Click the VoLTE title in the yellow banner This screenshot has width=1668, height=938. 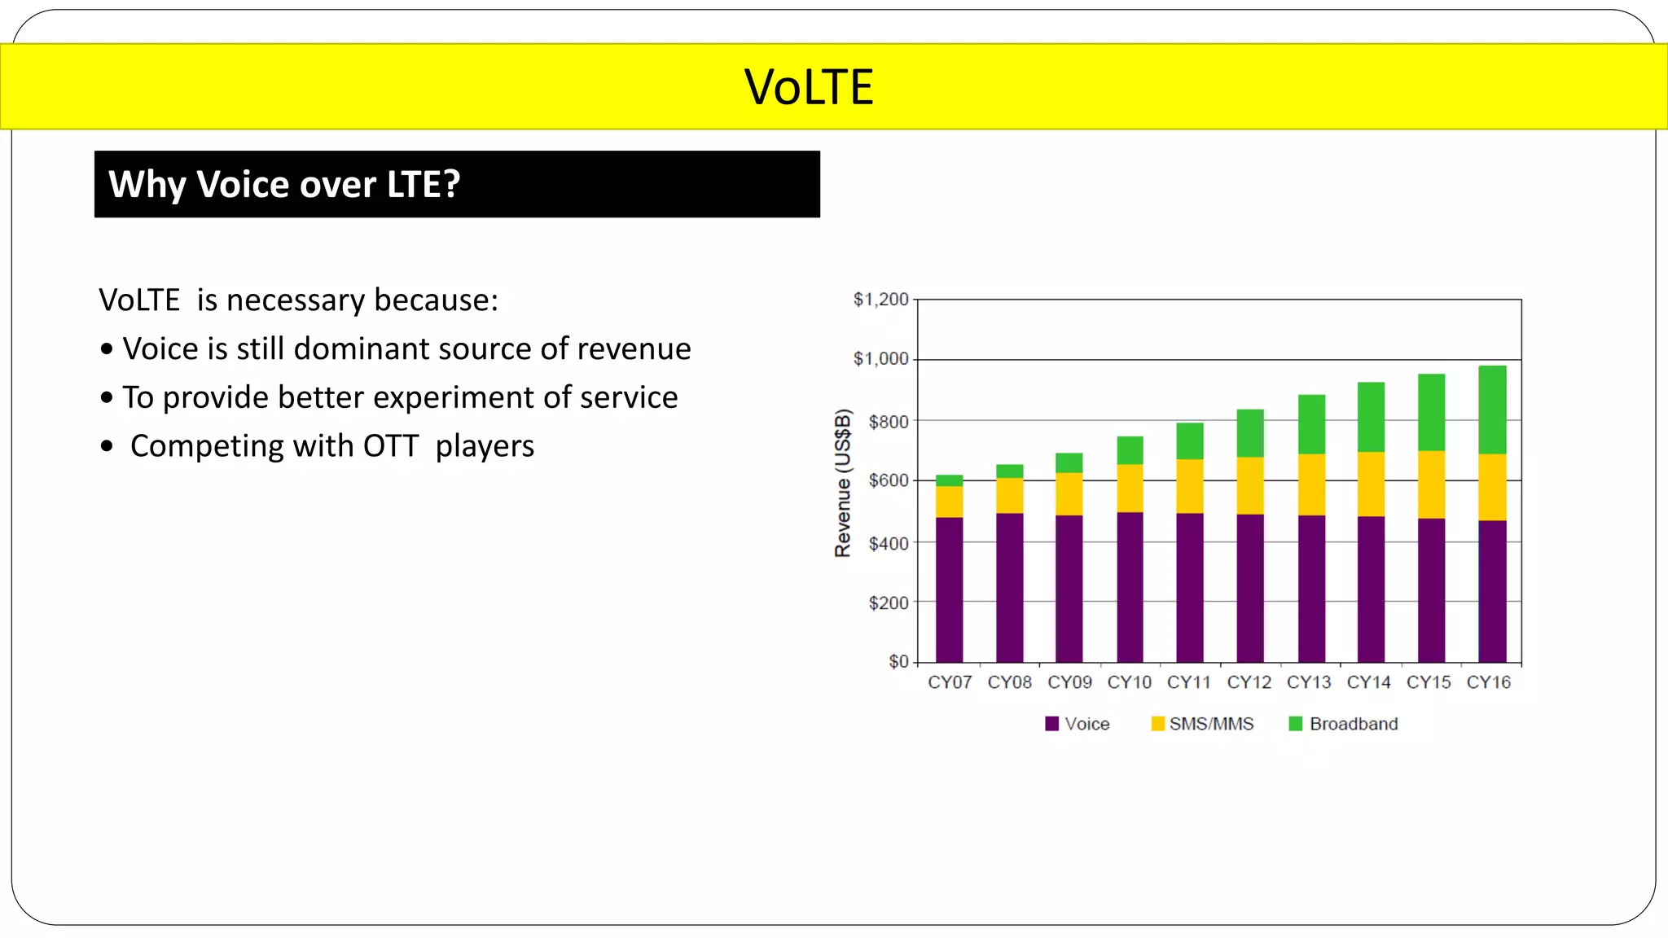point(809,87)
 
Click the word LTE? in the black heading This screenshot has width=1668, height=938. point(423,185)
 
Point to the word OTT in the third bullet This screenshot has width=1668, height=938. point(390,446)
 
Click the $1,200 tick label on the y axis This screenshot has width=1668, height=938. point(880,300)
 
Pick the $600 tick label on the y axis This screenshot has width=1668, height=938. point(888,480)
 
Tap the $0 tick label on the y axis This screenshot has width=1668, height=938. point(898,661)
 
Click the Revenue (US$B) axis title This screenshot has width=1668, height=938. point(843,483)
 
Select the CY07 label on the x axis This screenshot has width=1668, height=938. point(950,682)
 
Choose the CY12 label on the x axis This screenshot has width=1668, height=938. point(1249,682)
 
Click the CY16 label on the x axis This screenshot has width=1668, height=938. point(1488,682)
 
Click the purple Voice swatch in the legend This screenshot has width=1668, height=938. point(1051,724)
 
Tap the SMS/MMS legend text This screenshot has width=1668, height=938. point(1211,724)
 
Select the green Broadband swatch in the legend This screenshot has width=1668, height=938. point(1296,724)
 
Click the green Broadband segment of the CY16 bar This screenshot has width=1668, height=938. point(1492,410)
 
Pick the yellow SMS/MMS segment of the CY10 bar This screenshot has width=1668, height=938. point(1130,488)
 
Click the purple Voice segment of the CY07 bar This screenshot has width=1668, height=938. point(949,590)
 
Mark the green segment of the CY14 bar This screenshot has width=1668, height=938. point(1371,417)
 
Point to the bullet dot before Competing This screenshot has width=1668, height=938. point(107,446)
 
